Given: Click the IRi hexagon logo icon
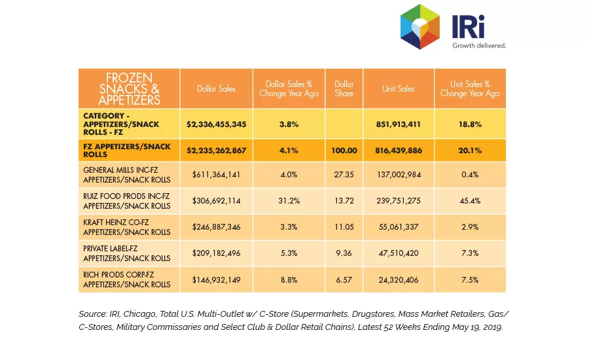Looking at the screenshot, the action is (x=420, y=27).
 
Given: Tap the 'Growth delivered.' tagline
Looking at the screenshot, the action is (x=479, y=45).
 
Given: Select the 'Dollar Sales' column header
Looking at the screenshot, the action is (x=217, y=88).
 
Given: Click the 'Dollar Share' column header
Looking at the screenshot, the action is (x=344, y=88).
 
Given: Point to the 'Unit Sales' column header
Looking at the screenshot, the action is (x=399, y=88).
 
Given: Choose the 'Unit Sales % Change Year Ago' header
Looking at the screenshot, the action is (x=470, y=88).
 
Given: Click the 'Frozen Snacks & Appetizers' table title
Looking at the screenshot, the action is (x=129, y=88).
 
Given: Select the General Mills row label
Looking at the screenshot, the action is (x=126, y=175).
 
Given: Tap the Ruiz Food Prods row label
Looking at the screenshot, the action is (x=126, y=201).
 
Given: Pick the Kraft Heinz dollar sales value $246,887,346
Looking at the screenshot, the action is (x=217, y=227).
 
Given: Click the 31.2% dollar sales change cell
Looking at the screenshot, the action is (x=289, y=201).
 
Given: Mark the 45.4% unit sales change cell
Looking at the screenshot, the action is (x=470, y=201).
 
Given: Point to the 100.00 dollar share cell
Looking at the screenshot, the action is (x=344, y=151).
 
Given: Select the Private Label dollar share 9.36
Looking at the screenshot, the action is (x=344, y=253).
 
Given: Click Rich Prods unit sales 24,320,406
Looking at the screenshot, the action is (x=399, y=279).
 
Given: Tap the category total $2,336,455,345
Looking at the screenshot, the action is (x=217, y=124).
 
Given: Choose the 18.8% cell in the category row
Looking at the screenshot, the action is (x=470, y=124).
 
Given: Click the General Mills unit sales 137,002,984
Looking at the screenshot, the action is (x=399, y=174).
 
